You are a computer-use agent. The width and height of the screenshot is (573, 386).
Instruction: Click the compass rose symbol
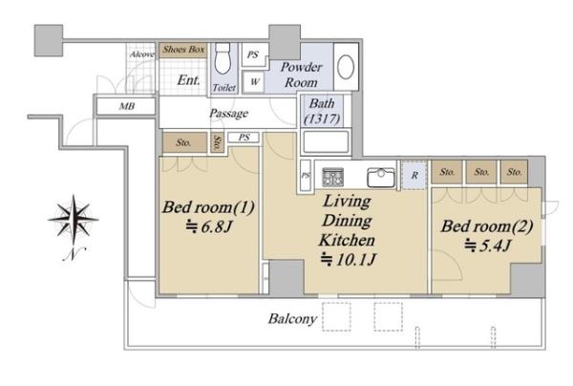[x=74, y=221]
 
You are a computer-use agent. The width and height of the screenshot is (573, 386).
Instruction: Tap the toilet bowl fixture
[x=223, y=58]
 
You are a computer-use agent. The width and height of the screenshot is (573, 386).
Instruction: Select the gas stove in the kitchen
[x=333, y=177]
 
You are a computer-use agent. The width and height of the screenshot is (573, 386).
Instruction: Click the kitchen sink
[x=381, y=178]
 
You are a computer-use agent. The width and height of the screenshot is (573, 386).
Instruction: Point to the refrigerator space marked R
[x=414, y=175]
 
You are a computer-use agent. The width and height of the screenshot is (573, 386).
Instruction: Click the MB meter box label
[x=127, y=106]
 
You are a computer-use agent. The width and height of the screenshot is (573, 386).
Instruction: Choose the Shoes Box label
[x=183, y=50]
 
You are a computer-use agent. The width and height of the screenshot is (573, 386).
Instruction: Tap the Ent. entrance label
[x=188, y=80]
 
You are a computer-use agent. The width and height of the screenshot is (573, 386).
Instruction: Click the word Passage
[x=229, y=114]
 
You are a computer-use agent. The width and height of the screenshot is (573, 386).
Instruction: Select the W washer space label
[x=255, y=81]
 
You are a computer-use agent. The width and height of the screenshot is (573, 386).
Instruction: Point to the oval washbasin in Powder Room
[x=346, y=67]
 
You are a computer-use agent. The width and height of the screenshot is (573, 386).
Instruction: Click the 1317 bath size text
[x=322, y=118]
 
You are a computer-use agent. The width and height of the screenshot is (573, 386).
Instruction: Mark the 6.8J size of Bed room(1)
[x=208, y=227]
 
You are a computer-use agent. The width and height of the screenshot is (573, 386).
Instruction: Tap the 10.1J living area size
[x=348, y=260]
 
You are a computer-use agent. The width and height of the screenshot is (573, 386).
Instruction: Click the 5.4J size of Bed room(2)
[x=487, y=246]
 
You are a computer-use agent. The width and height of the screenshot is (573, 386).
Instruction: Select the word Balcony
[x=292, y=319]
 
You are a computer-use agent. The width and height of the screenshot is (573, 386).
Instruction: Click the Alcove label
[x=141, y=54]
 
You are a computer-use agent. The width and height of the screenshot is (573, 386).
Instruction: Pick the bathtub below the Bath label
[x=326, y=141]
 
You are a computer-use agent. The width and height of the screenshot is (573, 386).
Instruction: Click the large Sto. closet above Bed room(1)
[x=184, y=142]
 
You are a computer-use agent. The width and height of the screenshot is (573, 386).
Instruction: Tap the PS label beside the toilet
[x=252, y=54]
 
